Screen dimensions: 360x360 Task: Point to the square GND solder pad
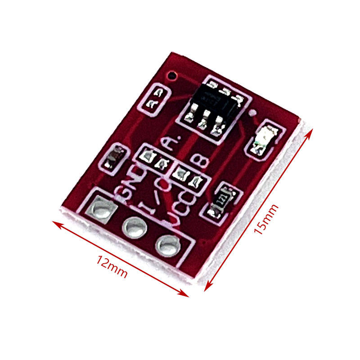(102, 207)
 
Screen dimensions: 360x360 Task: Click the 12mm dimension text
(112, 266)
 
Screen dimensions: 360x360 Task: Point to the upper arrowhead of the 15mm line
(310, 131)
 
